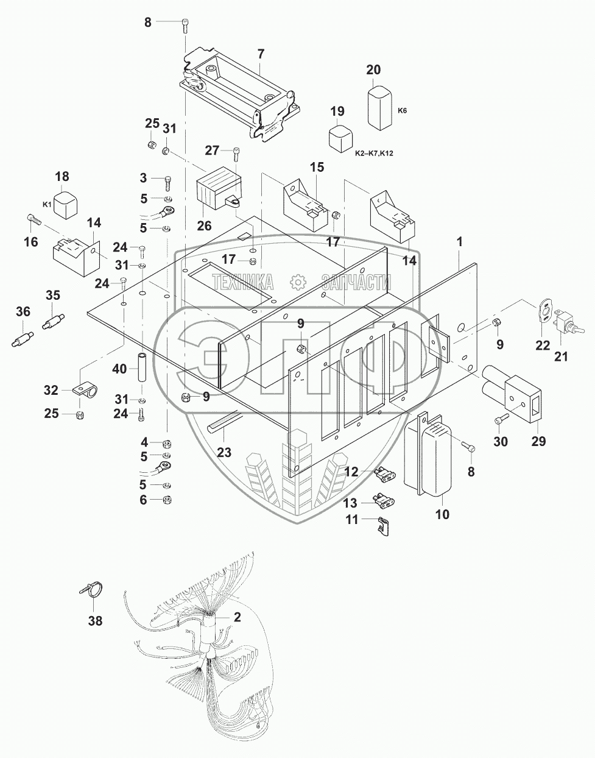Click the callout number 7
261,54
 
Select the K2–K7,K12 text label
374,153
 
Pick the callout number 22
541,345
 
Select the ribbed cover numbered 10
432,458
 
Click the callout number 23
224,452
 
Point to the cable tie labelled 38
91,590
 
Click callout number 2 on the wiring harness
237,617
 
